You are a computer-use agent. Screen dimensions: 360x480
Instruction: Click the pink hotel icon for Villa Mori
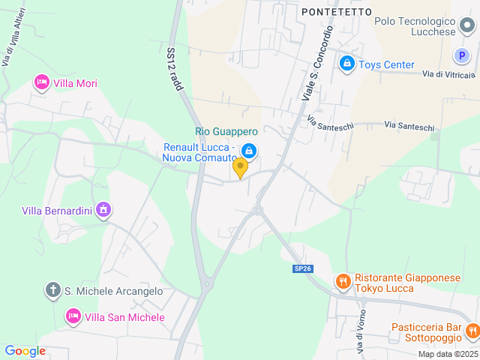pyautogui.click(x=42, y=83)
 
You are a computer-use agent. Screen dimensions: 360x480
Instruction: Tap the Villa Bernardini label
pyautogui.click(x=57, y=211)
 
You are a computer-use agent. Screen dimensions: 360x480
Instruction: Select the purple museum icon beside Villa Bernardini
pyautogui.click(x=104, y=210)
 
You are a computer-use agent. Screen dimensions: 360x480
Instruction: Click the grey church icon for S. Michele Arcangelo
pyautogui.click(x=53, y=290)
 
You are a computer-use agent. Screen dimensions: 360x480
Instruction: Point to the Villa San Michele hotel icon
pyautogui.click(x=73, y=317)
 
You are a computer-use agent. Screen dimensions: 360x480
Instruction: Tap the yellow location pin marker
pyautogui.click(x=240, y=167)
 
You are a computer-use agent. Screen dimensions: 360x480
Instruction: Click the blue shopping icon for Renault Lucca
pyautogui.click(x=249, y=152)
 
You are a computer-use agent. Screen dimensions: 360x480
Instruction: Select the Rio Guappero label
pyautogui.click(x=226, y=131)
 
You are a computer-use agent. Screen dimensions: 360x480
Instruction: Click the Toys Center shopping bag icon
pyautogui.click(x=346, y=64)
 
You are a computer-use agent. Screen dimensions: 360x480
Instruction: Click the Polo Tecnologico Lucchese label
pyautogui.click(x=424, y=27)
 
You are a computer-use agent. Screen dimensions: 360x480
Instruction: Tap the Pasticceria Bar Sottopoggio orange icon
pyautogui.click(x=472, y=330)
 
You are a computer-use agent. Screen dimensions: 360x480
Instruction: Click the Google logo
pyautogui.click(x=25, y=351)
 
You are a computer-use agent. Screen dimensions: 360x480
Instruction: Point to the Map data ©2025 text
pyautogui.click(x=447, y=354)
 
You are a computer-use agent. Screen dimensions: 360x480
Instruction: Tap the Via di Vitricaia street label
pyautogui.click(x=448, y=74)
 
